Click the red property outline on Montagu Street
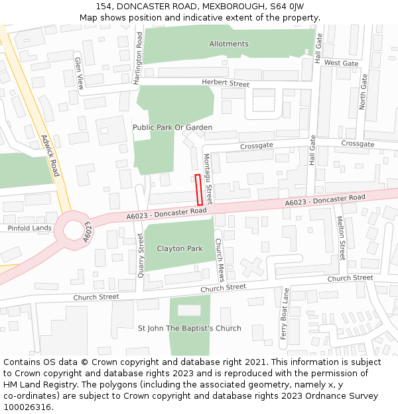(199, 189)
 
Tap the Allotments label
(229, 44)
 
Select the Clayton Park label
(179, 248)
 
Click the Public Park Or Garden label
(172, 127)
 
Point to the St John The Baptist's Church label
(189, 328)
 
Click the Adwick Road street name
(50, 156)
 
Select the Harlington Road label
(139, 58)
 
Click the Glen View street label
(79, 73)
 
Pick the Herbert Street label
(226, 84)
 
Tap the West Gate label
(342, 63)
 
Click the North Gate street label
(363, 91)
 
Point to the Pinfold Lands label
(29, 228)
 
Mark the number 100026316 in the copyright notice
(27, 407)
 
